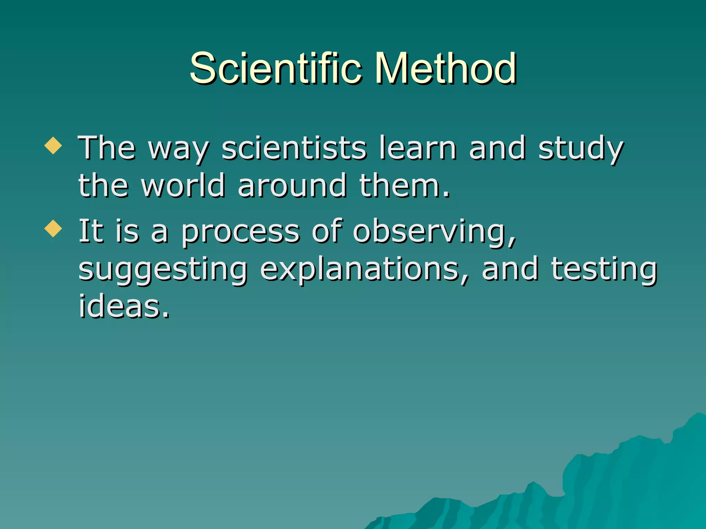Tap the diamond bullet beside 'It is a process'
tap(53, 229)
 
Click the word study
tap(581, 149)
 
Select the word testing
tap(604, 269)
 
